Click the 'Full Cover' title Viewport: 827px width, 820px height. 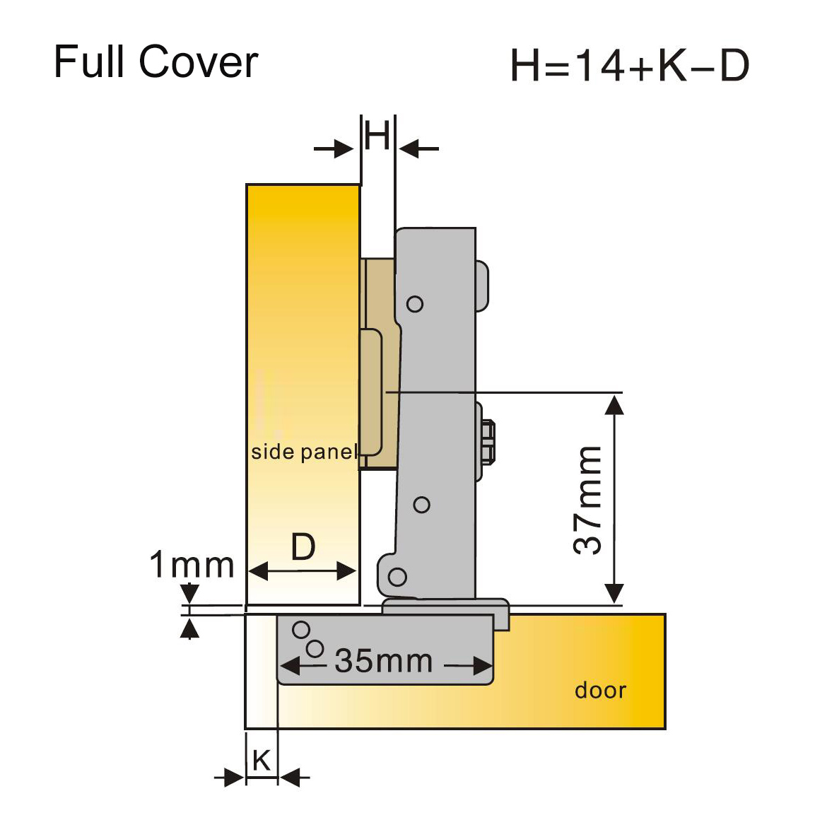[156, 62]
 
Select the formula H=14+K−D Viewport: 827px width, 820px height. [629, 66]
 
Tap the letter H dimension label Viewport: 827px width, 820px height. [377, 135]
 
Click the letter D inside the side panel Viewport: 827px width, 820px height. [303, 547]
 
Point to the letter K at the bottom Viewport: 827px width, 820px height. [262, 761]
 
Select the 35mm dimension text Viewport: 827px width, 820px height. [383, 662]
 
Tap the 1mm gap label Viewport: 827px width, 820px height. [192, 566]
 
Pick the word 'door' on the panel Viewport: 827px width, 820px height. [600, 690]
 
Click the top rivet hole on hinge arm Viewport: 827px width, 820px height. [415, 304]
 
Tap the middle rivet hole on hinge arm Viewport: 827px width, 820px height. [422, 505]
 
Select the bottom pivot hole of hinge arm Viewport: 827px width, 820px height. [398, 577]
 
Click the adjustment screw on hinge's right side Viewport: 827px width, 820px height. [487, 443]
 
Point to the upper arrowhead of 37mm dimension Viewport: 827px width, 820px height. [615, 404]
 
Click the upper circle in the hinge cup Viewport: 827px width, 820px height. [301, 629]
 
